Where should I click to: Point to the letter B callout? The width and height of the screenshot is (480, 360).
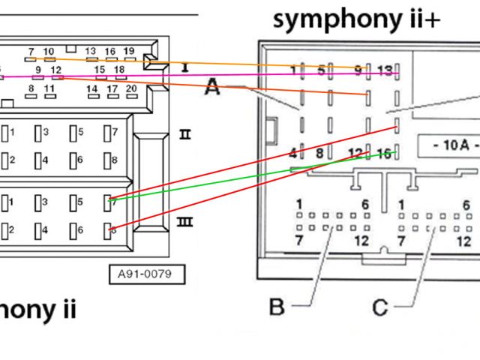(277, 306)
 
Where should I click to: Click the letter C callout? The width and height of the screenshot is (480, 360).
(381, 306)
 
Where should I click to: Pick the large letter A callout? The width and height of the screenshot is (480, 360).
(212, 88)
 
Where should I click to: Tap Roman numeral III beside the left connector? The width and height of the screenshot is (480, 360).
(184, 222)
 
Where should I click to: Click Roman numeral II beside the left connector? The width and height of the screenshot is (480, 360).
(184, 135)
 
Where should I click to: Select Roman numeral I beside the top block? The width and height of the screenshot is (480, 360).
(184, 68)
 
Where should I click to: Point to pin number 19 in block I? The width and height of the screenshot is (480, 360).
(129, 51)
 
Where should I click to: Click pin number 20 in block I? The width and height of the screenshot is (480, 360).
(132, 88)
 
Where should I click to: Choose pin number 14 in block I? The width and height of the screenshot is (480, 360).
(91, 88)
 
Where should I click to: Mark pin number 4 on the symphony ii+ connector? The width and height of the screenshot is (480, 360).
(292, 154)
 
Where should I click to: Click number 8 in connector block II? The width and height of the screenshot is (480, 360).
(114, 160)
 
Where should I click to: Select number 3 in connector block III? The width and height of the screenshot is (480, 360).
(46, 202)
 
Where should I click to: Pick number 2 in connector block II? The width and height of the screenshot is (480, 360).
(12, 160)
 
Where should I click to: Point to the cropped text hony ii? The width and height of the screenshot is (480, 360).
(37, 309)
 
